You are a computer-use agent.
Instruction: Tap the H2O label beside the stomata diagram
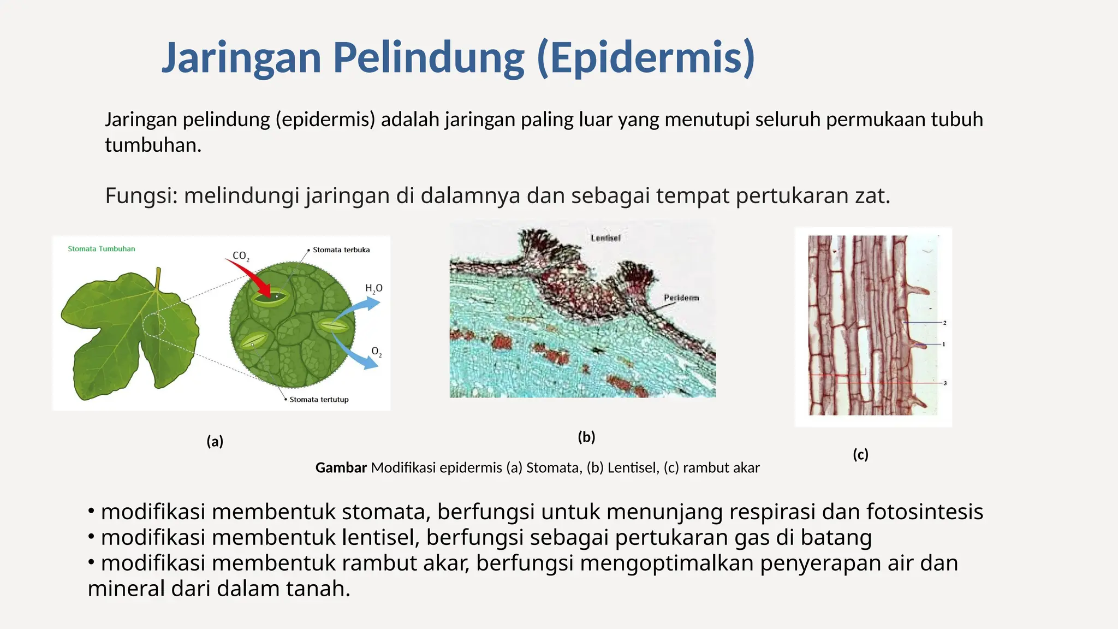374,288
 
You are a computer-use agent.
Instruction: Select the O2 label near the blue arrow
376,352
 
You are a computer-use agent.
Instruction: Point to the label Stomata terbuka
341,250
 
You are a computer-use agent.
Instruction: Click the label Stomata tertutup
319,400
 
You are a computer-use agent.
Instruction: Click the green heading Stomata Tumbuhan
102,249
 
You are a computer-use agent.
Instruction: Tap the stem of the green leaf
158,278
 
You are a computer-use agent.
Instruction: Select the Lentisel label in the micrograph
605,238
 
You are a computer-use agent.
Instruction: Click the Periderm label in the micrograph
681,298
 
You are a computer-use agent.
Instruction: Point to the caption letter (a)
215,441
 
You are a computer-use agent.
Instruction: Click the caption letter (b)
586,437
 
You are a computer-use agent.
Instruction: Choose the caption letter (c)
860,454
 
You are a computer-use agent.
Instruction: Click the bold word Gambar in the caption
341,468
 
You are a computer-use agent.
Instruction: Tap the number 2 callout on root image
944,323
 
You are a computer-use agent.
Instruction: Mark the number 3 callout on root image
945,383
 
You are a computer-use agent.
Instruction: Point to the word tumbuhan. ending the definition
153,145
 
